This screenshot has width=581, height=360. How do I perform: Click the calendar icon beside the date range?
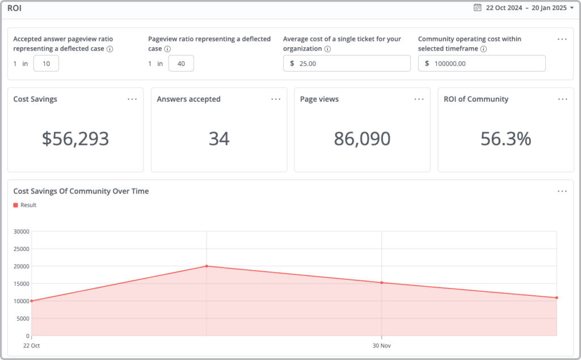point(477,8)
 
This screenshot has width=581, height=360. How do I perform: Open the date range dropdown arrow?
point(571,8)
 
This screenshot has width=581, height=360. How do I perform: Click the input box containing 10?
point(46,64)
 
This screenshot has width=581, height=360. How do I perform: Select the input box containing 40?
point(181,64)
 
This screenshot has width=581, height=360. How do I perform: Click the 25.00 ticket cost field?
point(347,64)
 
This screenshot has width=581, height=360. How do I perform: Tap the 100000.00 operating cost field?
point(482,64)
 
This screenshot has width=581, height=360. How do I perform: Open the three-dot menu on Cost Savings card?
point(132,99)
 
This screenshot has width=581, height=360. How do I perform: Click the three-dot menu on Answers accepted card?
point(276,99)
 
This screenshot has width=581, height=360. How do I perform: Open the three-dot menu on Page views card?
point(419,99)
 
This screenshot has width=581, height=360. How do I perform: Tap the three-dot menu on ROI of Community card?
point(562,99)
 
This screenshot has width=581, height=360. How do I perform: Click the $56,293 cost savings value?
point(75,139)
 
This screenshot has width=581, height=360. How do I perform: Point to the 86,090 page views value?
point(362,139)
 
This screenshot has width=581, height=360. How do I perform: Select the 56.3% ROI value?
point(506,139)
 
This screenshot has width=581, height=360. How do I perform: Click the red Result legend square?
point(16,205)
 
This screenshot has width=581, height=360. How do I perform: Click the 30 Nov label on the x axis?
point(382,345)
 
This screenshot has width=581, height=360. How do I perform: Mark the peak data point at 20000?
point(207,266)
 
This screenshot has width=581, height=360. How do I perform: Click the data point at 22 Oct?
point(32,301)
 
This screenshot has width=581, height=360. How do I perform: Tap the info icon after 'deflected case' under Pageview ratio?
point(168,49)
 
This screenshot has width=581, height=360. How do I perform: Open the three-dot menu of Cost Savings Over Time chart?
point(562,191)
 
